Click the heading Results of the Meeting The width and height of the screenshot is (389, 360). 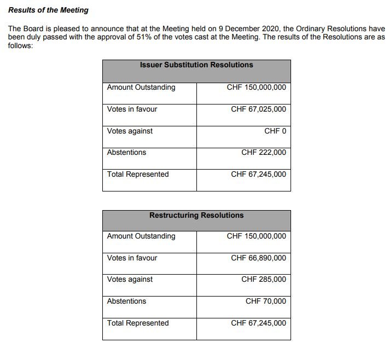(x=48, y=10)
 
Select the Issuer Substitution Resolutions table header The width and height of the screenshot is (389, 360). (x=196, y=65)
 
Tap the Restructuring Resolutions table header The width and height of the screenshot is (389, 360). (x=196, y=216)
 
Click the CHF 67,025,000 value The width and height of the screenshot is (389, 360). (x=258, y=109)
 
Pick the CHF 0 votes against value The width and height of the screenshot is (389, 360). (x=275, y=131)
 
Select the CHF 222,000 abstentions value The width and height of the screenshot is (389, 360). (x=263, y=153)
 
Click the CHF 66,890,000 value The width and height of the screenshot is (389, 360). (x=258, y=258)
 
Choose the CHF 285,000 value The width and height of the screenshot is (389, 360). (x=263, y=280)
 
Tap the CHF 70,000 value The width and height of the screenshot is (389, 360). (x=265, y=301)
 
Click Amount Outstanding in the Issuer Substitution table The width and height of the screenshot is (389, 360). (x=141, y=87)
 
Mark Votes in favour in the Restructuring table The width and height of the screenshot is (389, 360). (x=132, y=258)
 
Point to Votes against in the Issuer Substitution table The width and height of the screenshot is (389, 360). (x=130, y=131)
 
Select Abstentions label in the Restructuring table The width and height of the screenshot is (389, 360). (x=126, y=301)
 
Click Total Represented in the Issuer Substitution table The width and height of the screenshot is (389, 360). (x=138, y=175)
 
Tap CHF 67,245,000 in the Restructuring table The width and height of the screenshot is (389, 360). (x=258, y=323)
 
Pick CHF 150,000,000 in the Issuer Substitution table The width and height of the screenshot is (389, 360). (x=256, y=87)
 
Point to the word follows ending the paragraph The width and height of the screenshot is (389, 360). (x=20, y=45)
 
